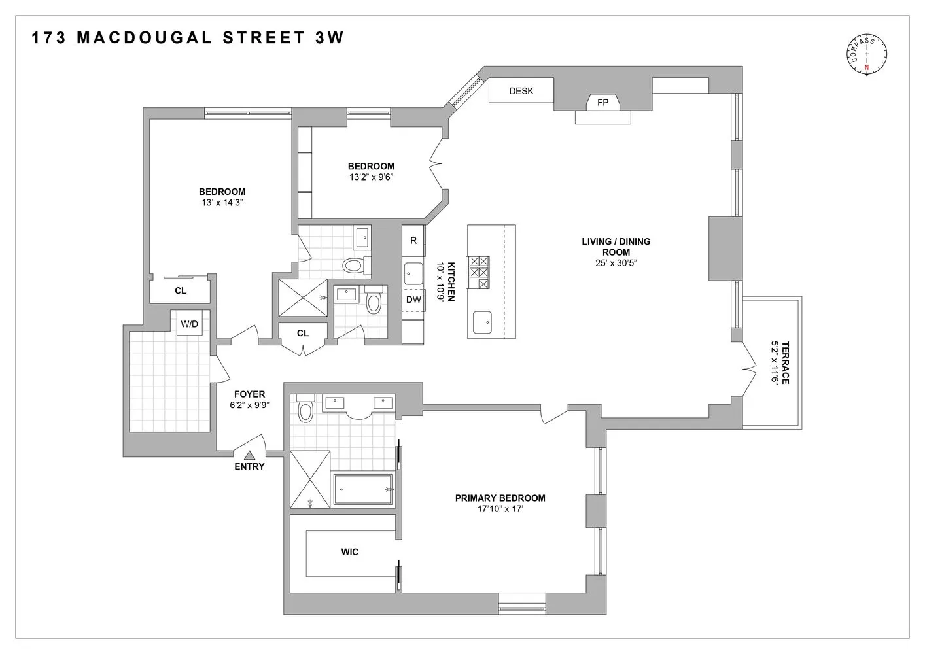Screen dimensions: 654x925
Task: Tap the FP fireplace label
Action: coord(602,103)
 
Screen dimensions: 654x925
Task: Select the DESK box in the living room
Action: coord(521,91)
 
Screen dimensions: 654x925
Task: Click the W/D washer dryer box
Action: coord(190,324)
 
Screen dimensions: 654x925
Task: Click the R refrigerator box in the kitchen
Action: coord(413,241)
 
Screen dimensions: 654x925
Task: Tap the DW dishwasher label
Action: coord(413,300)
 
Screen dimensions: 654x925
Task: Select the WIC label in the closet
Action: coord(349,552)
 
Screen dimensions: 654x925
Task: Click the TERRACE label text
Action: coord(784,362)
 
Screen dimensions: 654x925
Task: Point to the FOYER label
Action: coord(250,394)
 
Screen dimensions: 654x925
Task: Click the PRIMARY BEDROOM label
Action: coord(500,498)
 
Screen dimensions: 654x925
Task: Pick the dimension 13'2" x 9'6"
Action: coord(371,177)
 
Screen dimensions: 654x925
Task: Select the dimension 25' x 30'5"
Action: coord(616,263)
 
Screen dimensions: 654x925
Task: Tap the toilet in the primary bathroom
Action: coord(305,411)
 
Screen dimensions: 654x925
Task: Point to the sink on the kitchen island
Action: coord(483,320)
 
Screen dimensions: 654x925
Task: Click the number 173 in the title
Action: coord(48,38)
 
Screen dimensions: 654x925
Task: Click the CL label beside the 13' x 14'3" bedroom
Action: coord(181,290)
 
